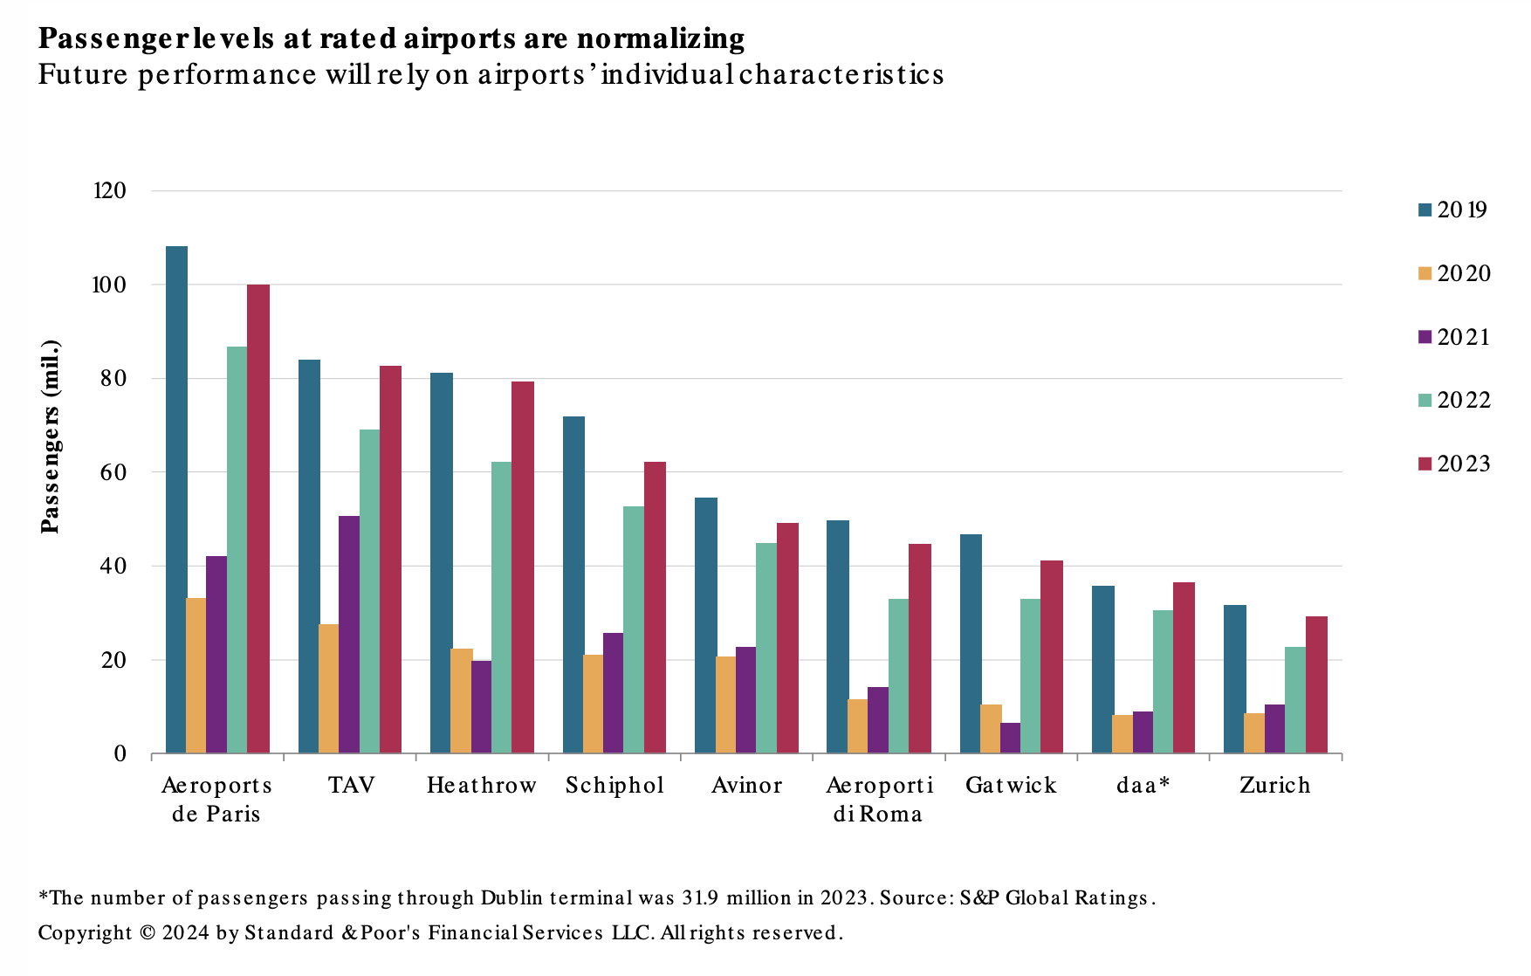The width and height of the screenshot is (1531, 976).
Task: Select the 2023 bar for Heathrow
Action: tap(523, 567)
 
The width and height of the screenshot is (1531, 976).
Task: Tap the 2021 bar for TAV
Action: tap(349, 635)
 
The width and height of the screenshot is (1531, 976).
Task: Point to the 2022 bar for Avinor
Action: tap(766, 648)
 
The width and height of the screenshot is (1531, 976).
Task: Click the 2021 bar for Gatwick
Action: tap(1010, 738)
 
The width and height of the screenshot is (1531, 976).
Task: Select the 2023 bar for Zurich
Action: tap(1316, 684)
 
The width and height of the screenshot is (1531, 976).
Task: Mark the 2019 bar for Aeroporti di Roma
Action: tap(838, 636)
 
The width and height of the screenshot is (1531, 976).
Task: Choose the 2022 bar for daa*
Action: tap(1163, 682)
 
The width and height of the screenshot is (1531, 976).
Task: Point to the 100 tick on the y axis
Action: tap(111, 285)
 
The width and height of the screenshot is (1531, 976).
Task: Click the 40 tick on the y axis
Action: tap(113, 566)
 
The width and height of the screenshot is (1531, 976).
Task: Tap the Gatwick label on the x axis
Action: tap(1011, 785)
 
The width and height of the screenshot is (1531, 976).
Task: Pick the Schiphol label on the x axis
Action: tap(614, 785)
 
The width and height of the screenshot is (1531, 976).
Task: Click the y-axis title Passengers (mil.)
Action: tap(51, 436)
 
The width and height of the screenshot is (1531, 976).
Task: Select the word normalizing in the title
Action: tap(661, 38)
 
